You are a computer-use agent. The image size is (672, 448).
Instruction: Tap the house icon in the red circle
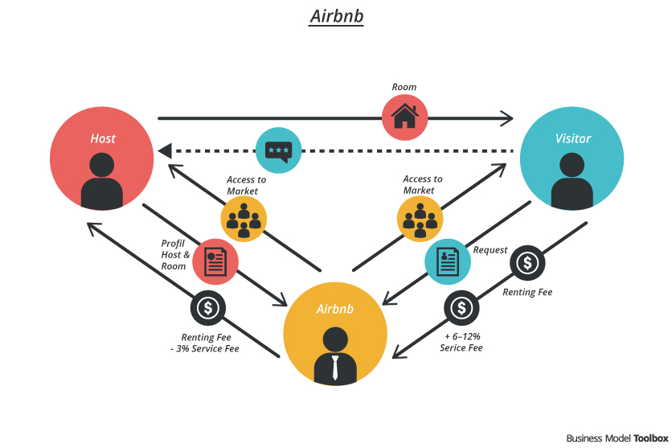point(405,117)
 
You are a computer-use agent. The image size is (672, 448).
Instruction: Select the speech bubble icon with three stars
point(279,150)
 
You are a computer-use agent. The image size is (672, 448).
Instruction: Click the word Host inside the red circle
point(102,138)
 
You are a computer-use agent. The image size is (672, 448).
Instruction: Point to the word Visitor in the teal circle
point(572,138)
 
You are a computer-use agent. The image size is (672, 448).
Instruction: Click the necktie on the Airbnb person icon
point(335,368)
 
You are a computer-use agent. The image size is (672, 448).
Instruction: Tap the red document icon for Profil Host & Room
point(215,261)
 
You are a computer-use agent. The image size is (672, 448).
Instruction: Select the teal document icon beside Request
point(447,261)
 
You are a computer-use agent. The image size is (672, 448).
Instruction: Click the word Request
point(490,250)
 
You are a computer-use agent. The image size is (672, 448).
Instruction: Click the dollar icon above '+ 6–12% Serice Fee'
point(461,307)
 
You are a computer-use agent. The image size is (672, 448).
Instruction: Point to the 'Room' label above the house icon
point(404,87)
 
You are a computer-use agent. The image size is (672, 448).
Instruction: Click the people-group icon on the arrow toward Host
point(243,218)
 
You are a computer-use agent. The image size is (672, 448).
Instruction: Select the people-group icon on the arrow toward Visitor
point(420,218)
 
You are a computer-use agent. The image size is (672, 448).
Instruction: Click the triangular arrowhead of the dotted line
point(165,150)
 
